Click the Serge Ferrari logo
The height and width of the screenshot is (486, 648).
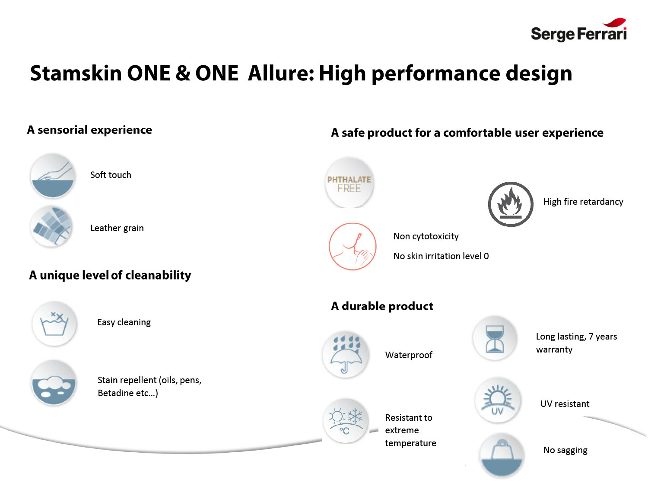click(x=578, y=30)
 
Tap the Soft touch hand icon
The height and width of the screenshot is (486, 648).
click(x=53, y=175)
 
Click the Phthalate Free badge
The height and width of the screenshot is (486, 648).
click(x=349, y=183)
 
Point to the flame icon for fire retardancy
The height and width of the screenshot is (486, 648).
click(x=511, y=204)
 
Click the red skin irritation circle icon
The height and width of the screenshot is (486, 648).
click(x=353, y=246)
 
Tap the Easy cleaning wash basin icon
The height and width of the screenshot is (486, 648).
click(x=54, y=324)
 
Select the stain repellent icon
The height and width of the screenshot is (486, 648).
click(x=54, y=382)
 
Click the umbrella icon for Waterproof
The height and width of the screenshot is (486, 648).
click(x=346, y=354)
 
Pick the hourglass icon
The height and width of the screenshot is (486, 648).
click(x=495, y=338)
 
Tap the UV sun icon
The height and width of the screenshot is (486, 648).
click(x=498, y=400)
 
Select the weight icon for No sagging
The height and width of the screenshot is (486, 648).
click(x=502, y=455)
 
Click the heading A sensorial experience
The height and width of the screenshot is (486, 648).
click(x=89, y=130)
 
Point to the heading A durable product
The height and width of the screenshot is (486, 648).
click(x=382, y=306)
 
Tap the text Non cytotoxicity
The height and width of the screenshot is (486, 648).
click(x=426, y=236)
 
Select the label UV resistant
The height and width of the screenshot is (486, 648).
click(x=565, y=403)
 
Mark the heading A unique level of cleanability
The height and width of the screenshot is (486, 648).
click(x=110, y=275)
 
